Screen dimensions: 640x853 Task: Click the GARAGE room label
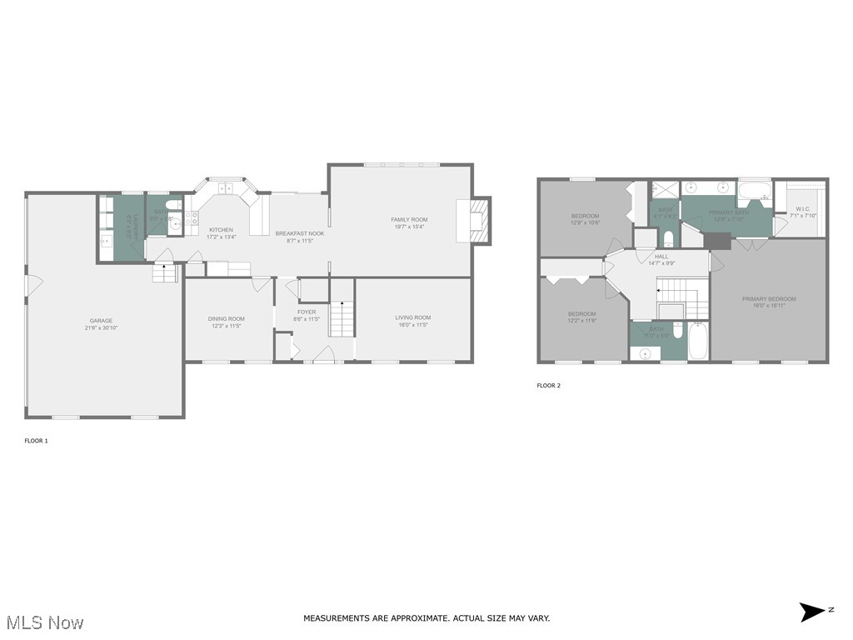tap(102, 321)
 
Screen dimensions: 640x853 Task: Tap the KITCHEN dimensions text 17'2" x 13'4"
tap(222, 237)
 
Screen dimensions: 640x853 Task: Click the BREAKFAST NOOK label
tap(300, 233)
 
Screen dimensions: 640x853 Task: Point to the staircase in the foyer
tap(342, 317)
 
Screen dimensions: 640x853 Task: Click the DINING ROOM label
tap(227, 318)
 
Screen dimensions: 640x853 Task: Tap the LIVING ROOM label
tap(413, 317)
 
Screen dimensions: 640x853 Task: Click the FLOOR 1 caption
tap(37, 440)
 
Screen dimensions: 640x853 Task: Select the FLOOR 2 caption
tap(548, 386)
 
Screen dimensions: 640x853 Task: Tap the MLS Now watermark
tap(45, 622)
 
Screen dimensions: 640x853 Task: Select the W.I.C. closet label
tap(803, 209)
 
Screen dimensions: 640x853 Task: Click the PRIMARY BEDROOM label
tap(769, 299)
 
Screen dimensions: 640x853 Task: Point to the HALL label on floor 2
tap(661, 257)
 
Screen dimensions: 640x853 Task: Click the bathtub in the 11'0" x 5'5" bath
tap(698, 342)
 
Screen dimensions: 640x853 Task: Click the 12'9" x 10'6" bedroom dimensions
tap(586, 222)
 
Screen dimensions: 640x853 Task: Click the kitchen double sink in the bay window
tap(226, 189)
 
